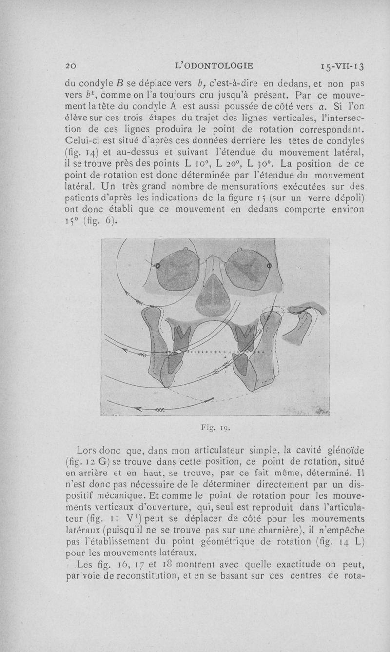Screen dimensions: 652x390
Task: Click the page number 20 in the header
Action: tap(72, 65)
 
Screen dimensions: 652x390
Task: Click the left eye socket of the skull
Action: tap(177, 271)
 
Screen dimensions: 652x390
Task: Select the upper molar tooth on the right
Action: tap(242, 336)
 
